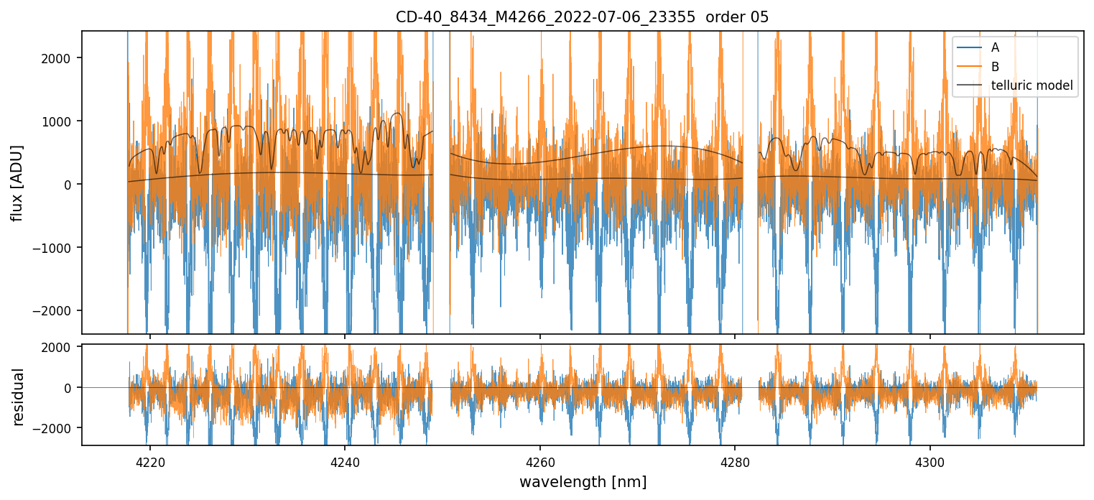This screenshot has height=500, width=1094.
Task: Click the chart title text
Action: tap(582, 17)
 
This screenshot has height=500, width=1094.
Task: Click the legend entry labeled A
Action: tap(995, 48)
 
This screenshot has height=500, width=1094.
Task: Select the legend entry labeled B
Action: tap(995, 67)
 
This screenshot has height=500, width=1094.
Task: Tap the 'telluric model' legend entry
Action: tap(1032, 85)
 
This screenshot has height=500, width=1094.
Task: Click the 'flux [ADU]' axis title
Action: tap(17, 182)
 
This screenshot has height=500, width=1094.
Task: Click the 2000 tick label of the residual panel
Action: tap(58, 347)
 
